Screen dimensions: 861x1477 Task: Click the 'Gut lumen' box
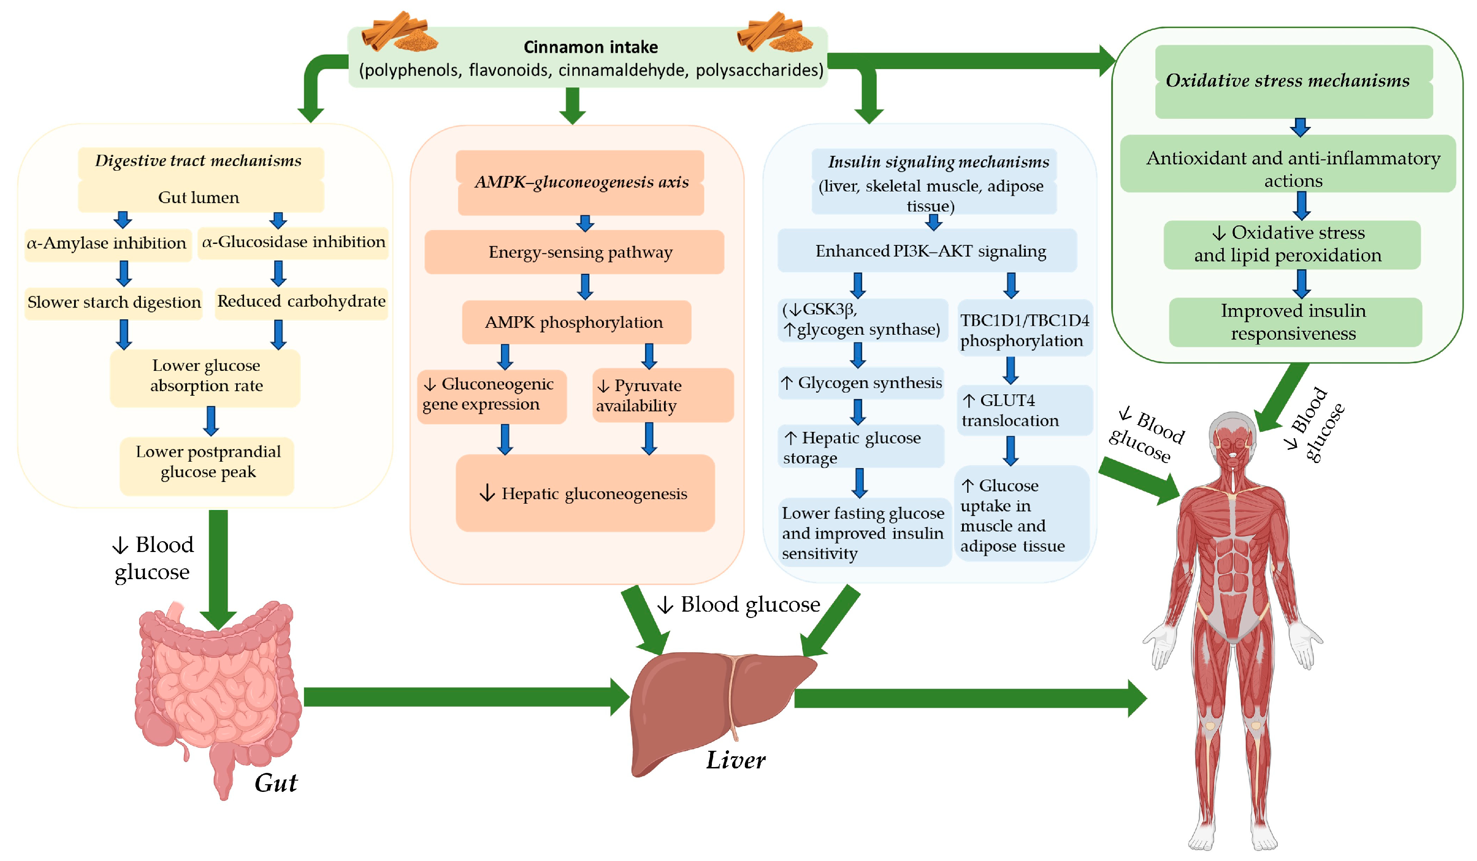point(200,197)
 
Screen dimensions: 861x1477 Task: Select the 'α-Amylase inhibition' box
point(107,243)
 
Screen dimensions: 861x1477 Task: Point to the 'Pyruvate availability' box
point(662,396)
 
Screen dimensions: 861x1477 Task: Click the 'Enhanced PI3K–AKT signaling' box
point(930,251)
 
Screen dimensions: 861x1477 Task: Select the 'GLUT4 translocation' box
point(1024,410)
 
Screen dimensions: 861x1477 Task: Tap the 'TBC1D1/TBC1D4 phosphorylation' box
point(1024,330)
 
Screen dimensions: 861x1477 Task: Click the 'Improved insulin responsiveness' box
point(1294,322)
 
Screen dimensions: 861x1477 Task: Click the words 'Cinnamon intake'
point(590,47)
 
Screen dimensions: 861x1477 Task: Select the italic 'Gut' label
point(276,783)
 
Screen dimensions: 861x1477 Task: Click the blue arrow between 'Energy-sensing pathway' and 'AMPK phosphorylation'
point(585,286)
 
